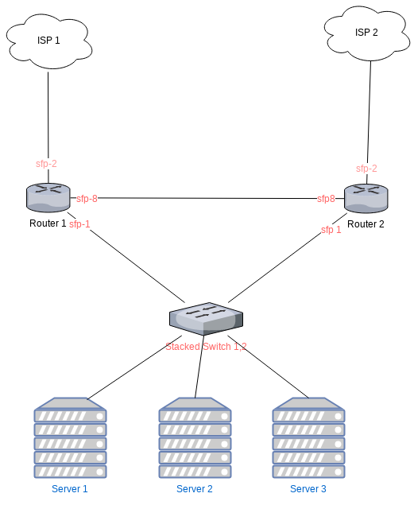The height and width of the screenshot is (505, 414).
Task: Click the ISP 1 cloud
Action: pos(48,41)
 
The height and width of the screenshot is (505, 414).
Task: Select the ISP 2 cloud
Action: pos(367,33)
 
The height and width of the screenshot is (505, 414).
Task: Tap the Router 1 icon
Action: pos(48,196)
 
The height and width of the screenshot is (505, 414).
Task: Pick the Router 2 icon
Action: pos(366,198)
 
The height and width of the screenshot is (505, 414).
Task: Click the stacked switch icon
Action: pos(206,318)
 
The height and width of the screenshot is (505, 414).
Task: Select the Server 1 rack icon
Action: pos(70,438)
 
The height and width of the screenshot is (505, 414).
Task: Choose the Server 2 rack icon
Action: pos(195,438)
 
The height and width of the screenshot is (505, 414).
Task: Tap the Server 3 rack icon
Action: pos(308,438)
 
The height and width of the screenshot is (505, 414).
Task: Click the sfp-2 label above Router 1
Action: pos(46,164)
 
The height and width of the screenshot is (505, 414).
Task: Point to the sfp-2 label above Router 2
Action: pos(366,169)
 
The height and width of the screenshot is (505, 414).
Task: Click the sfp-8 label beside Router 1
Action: pos(87,198)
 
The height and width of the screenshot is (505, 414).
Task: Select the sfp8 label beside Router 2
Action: pos(326,198)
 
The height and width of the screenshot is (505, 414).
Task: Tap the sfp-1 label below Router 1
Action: pos(79,224)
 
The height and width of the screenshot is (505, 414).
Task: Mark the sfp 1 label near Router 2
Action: pos(331,230)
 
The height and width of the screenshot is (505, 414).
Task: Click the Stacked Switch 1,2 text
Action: pos(206,347)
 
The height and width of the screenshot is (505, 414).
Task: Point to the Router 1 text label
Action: pos(48,223)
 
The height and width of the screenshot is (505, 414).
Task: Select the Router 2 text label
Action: pos(366,224)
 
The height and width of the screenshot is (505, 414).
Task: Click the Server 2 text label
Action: pos(195,489)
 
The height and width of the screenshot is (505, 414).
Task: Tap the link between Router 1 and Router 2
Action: pos(207,198)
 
